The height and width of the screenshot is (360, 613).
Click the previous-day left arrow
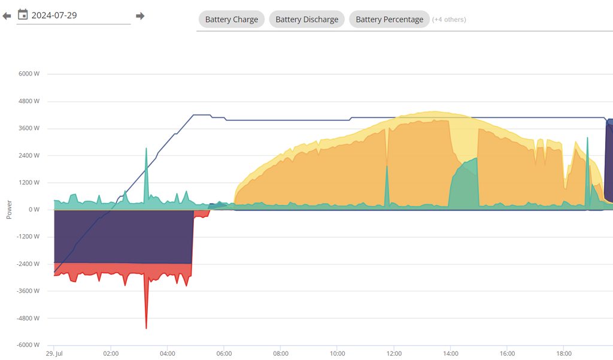tap(7, 16)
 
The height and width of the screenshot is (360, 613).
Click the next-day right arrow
tap(140, 16)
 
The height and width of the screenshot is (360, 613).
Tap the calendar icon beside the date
tap(23, 14)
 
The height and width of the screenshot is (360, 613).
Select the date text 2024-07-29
tap(54, 15)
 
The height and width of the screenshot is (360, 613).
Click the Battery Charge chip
tap(231, 19)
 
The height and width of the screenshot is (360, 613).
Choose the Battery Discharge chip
tap(306, 19)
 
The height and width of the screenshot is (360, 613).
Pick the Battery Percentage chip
tap(389, 19)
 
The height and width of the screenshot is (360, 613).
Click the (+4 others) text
tap(449, 19)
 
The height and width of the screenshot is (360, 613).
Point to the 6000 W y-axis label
tap(29, 74)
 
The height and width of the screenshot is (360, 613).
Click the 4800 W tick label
tap(29, 101)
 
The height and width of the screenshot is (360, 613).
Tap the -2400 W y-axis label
tap(28, 264)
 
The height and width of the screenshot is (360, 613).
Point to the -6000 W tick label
tap(28, 345)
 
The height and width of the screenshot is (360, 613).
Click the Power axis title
tap(9, 210)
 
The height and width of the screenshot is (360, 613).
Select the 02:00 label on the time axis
tap(111, 353)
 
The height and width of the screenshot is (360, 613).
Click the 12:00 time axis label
tap(394, 353)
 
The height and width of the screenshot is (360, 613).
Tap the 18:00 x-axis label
tap(564, 353)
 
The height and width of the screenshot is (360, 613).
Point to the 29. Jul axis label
tap(54, 353)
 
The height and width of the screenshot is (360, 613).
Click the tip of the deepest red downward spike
tap(146, 328)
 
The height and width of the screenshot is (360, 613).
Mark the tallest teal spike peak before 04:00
tap(146, 148)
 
